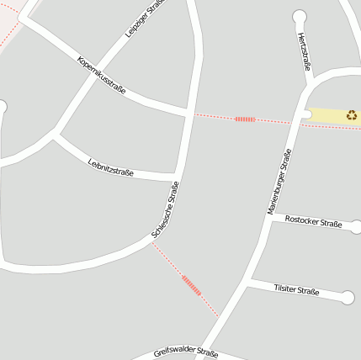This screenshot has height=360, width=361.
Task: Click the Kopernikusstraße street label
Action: tap(101, 74)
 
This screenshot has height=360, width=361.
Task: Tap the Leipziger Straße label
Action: tap(143, 19)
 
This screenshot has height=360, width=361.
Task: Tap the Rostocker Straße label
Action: tap(313, 222)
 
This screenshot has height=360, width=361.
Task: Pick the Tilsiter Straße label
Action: tap(296, 290)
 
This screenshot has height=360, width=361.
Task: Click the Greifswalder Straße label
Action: tap(186, 353)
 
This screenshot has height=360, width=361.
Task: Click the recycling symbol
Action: tap(352, 114)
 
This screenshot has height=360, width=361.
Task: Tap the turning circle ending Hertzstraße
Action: tap(300, 16)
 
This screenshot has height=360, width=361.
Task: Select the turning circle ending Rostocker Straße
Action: tap(355, 226)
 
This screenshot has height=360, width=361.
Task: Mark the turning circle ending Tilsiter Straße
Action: tap(348, 298)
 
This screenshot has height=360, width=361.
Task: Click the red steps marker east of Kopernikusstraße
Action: tap(245, 119)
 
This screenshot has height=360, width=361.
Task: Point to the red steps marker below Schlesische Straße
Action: tap(192, 286)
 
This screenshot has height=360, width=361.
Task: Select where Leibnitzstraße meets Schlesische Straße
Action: tap(178, 177)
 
